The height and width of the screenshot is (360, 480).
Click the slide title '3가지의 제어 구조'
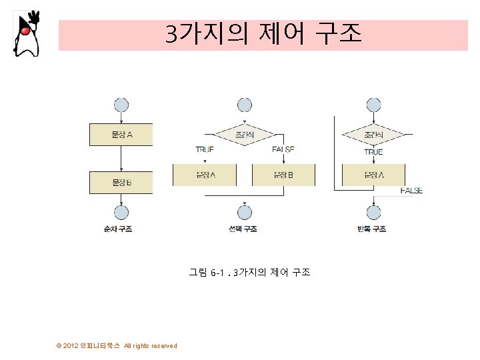[x=263, y=33]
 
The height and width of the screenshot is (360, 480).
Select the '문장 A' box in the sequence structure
[x=121, y=134]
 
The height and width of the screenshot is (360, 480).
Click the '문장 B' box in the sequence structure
[x=121, y=182]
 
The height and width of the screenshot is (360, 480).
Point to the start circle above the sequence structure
[x=121, y=105]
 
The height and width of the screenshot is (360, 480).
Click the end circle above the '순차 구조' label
[x=121, y=213]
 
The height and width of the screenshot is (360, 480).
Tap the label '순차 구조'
[x=118, y=229]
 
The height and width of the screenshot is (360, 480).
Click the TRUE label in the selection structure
[x=205, y=149]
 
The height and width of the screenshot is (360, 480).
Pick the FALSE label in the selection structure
[x=283, y=149]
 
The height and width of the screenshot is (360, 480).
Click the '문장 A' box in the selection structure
[x=205, y=175]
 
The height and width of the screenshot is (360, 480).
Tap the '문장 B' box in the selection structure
[x=283, y=175]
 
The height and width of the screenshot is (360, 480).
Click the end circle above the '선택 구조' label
[x=245, y=213]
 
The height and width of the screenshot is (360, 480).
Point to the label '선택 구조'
[x=243, y=229]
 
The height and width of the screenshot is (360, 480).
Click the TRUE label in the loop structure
[x=373, y=152]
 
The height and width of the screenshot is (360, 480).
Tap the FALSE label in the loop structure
[x=411, y=191]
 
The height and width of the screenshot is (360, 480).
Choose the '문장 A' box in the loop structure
[x=373, y=175]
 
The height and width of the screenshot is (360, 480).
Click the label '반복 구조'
[x=372, y=229]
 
